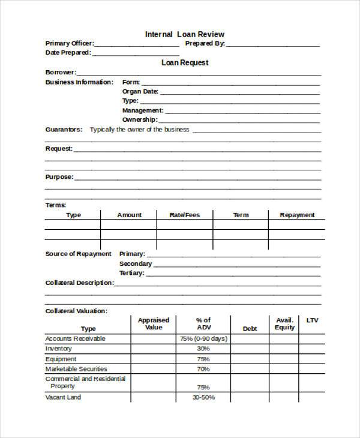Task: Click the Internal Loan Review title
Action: [184, 34]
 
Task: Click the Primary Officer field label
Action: [69, 43]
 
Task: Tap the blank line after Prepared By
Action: [272, 44]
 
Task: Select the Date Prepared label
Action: [68, 53]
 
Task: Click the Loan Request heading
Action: [184, 62]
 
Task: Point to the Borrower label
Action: [61, 72]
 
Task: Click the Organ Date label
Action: [140, 91]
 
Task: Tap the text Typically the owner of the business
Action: [139, 130]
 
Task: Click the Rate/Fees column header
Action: [185, 215]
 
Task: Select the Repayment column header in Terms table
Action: [297, 215]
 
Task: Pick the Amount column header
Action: [129, 215]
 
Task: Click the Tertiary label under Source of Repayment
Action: [132, 273]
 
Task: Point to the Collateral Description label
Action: [79, 283]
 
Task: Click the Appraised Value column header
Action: [154, 324]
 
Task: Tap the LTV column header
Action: [312, 320]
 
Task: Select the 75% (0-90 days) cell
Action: [203, 338]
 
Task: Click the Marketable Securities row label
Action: [76, 369]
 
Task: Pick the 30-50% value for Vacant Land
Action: [203, 397]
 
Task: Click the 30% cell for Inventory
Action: [203, 349]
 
